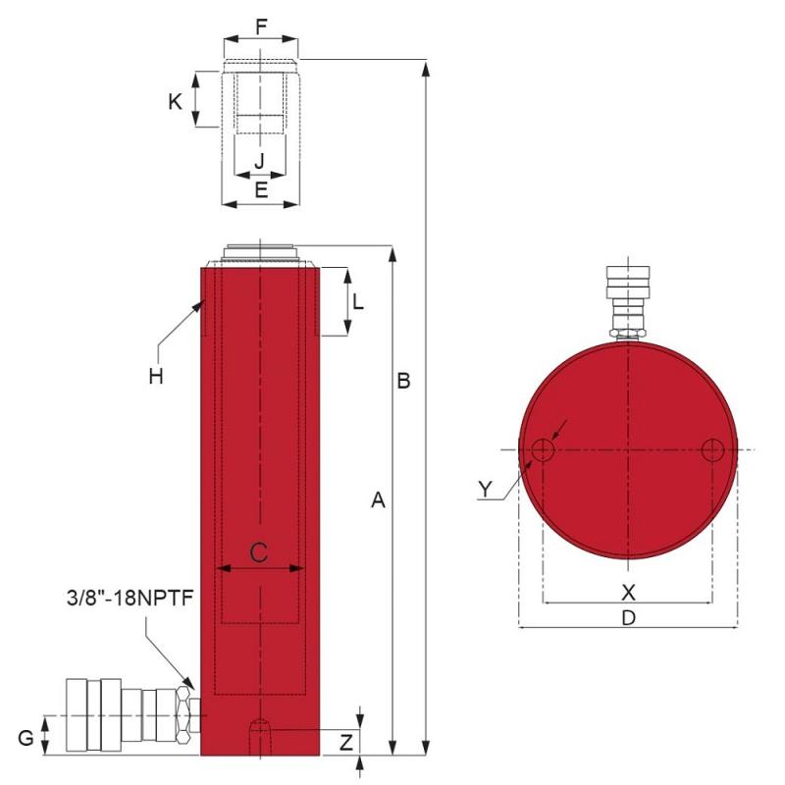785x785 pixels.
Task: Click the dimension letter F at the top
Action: click(x=261, y=27)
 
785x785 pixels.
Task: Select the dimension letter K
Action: click(x=175, y=102)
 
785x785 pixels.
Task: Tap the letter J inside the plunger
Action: click(x=259, y=161)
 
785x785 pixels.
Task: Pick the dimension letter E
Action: click(x=261, y=190)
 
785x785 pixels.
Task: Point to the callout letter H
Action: click(x=156, y=376)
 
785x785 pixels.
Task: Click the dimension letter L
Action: click(x=358, y=302)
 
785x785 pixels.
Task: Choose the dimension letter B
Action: click(x=403, y=381)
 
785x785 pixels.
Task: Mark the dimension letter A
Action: click(x=378, y=500)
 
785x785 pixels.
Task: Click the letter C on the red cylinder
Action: click(x=259, y=552)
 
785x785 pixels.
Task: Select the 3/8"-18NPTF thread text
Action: click(x=131, y=599)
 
